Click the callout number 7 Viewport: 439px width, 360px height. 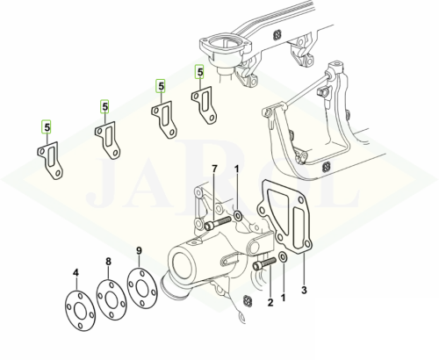(215, 169)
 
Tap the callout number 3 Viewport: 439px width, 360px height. (304, 290)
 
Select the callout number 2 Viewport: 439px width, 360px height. (270, 302)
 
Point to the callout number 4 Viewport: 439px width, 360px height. (76, 273)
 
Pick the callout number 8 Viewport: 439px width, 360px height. (108, 262)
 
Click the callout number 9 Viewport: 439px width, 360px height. (139, 250)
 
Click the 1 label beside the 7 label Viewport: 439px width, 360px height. (237, 169)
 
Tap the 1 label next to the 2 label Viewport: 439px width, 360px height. (283, 298)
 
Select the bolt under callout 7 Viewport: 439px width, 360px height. (219, 222)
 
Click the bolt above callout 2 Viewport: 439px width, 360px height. (264, 263)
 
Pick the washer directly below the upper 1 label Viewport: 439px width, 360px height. (237, 217)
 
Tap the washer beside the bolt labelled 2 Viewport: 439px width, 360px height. (283, 256)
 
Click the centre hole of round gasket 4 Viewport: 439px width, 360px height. (80, 311)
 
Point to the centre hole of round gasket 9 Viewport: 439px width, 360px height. (142, 288)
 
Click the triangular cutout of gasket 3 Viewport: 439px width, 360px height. (280, 206)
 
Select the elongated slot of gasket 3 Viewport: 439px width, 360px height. (299, 225)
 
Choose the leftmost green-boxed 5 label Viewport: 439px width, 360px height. (47, 127)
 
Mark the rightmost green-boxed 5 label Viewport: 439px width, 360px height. (199, 72)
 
